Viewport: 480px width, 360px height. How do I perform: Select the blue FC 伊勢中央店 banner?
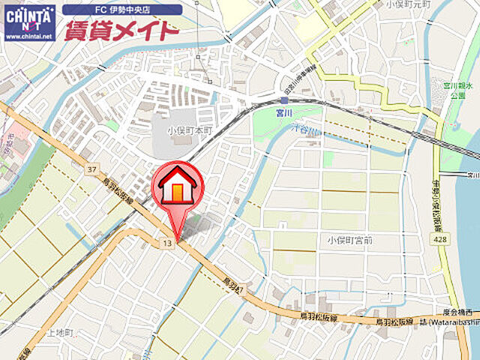[122, 10]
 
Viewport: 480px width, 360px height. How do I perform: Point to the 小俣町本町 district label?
[190, 129]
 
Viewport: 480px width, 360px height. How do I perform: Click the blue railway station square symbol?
[284, 100]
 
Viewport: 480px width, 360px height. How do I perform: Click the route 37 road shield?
[91, 169]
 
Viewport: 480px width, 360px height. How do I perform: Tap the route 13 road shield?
[166, 244]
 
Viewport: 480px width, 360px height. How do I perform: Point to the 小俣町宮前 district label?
[350, 240]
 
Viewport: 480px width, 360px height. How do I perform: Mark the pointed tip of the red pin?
[178, 239]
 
